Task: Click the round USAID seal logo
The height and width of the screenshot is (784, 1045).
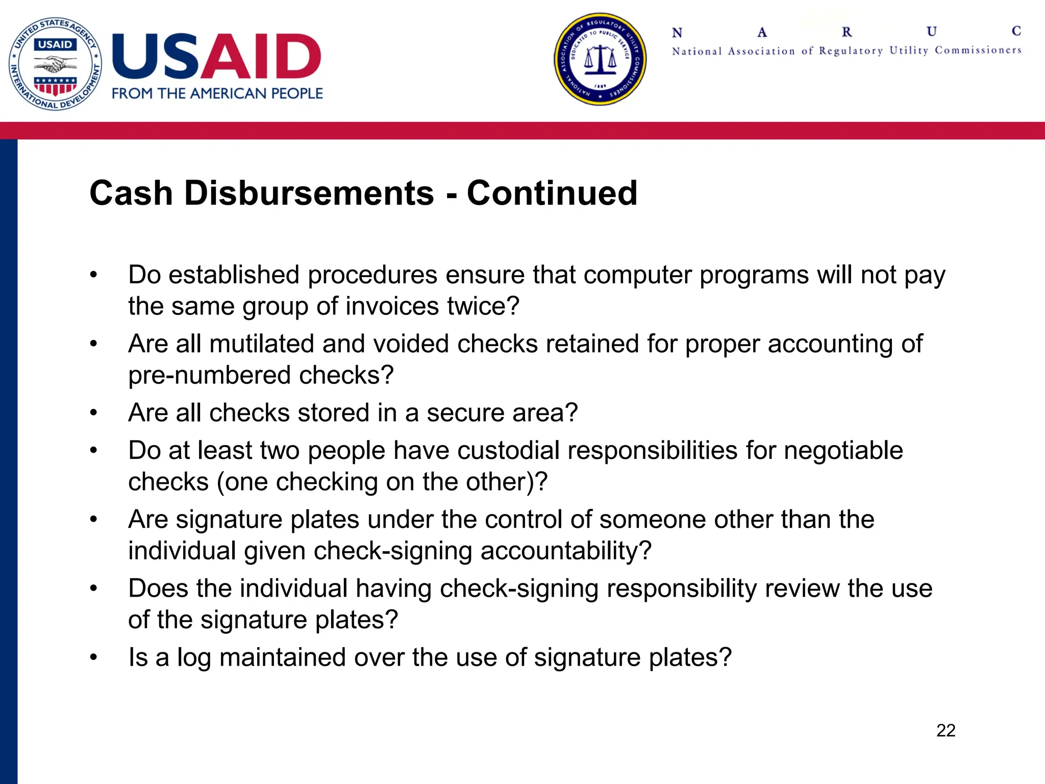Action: click(x=55, y=64)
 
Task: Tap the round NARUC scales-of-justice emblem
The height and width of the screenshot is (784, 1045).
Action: click(x=600, y=59)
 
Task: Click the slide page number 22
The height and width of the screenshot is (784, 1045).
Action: click(x=946, y=730)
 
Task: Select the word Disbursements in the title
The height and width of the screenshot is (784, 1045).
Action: click(x=309, y=193)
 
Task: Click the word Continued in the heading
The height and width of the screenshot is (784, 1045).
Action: click(x=552, y=193)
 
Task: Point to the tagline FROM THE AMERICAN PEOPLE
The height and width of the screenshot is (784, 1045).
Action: click(x=217, y=94)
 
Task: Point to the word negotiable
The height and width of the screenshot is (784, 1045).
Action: click(x=843, y=451)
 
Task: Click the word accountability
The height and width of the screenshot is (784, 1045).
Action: click(x=565, y=551)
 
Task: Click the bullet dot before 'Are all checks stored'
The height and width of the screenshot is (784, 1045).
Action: click(x=93, y=412)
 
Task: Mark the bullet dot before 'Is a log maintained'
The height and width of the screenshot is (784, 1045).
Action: click(x=93, y=657)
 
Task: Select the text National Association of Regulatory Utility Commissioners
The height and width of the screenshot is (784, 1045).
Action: click(x=847, y=51)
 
